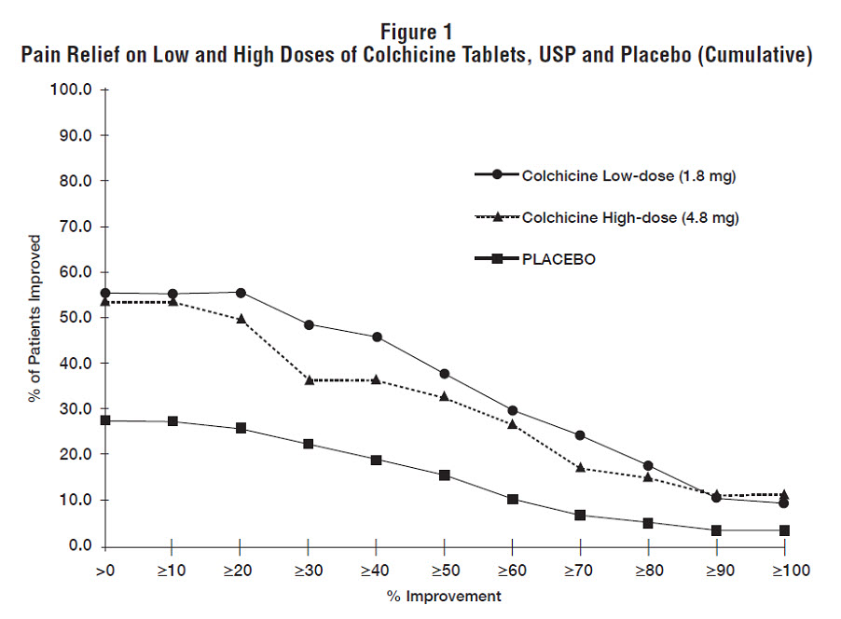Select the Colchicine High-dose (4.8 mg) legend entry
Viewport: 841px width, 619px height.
tap(606, 218)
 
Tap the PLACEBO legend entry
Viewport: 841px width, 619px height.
tap(558, 260)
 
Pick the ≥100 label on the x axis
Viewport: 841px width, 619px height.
tap(784, 570)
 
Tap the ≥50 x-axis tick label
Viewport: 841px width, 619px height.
tap(444, 570)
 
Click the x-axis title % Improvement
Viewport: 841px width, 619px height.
tap(445, 596)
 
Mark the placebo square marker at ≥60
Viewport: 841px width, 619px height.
tap(513, 500)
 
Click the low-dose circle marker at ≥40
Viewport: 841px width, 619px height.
tap(377, 337)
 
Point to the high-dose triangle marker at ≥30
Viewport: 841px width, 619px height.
tap(309, 380)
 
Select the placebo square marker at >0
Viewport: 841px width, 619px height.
tap(105, 420)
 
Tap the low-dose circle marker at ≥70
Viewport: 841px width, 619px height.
tap(580, 435)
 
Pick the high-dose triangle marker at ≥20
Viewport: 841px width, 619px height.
tap(241, 319)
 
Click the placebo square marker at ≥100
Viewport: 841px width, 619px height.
tap(784, 530)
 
